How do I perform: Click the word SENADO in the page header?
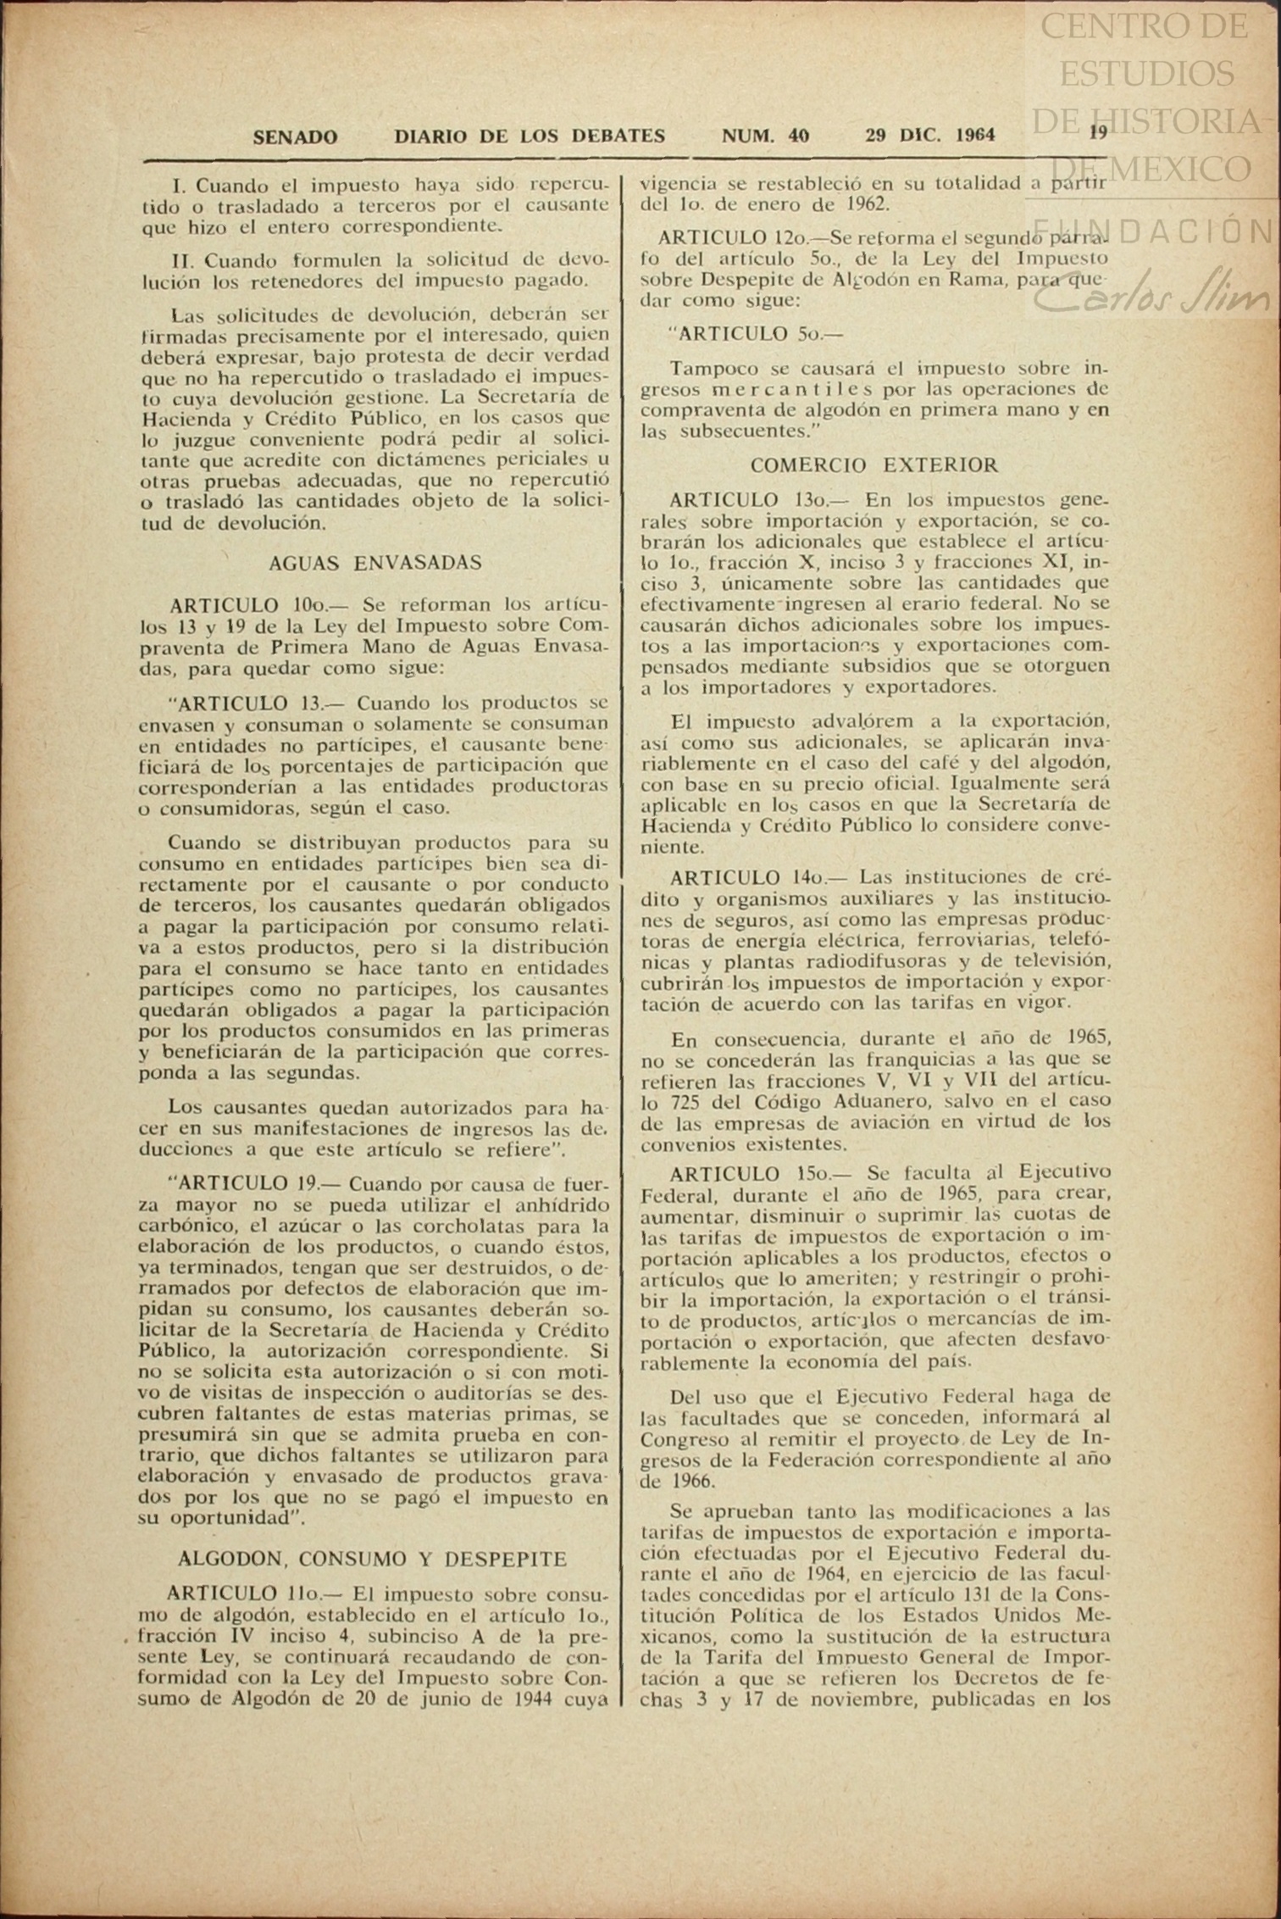[x=295, y=136]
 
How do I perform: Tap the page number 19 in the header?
[x=1099, y=132]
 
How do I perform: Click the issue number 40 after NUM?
[x=797, y=135]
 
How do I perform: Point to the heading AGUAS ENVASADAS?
[x=374, y=562]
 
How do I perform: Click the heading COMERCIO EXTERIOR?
[x=874, y=464]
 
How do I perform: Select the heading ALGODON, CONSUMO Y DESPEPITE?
[x=372, y=1559]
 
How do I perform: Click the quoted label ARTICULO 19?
[x=247, y=1183]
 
